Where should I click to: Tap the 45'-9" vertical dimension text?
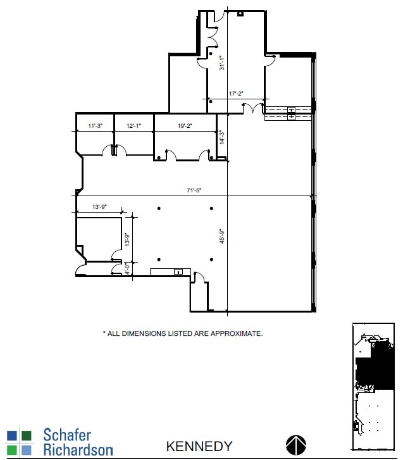point(222,236)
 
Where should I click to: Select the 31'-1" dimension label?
point(222,64)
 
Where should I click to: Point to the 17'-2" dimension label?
point(236,94)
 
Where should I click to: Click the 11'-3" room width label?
point(96,126)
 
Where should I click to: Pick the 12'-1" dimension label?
point(133,126)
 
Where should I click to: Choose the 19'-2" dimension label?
point(185,126)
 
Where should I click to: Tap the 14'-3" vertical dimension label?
point(221,137)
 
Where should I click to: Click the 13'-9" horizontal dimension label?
point(101,207)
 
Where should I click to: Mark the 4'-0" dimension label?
point(127,268)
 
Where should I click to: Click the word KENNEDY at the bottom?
point(199,446)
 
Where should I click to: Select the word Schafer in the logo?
point(67,435)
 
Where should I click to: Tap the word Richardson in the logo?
point(78,450)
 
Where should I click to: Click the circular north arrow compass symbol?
point(296,445)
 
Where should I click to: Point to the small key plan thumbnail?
point(373,387)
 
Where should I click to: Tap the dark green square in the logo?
point(26,435)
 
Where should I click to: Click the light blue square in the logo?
point(26,449)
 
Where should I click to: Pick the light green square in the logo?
point(12,449)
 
